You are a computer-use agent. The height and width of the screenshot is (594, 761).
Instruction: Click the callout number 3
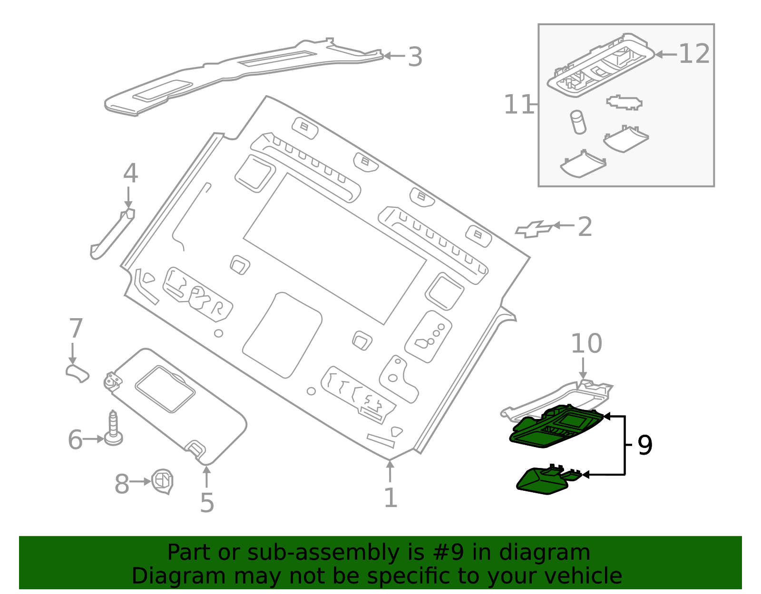pyautogui.click(x=415, y=57)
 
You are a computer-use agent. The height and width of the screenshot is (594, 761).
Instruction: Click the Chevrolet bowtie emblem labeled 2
pyautogui.click(x=534, y=229)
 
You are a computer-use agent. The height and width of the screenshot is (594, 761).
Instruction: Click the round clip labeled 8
pyautogui.click(x=162, y=481)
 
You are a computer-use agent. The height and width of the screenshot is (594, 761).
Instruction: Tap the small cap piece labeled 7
pyautogui.click(x=77, y=372)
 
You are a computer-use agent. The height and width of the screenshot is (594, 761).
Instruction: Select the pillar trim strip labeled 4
pyautogui.click(x=112, y=234)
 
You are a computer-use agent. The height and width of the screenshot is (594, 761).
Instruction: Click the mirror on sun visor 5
pyautogui.click(x=165, y=389)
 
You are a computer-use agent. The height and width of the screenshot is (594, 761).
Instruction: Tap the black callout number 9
pyautogui.click(x=644, y=445)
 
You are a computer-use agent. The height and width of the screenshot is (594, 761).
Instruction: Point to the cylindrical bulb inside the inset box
pyautogui.click(x=578, y=122)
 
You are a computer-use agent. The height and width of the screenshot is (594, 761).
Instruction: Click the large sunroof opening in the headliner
pyautogui.click(x=334, y=249)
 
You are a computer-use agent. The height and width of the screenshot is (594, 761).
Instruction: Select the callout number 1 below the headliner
pyautogui.click(x=390, y=497)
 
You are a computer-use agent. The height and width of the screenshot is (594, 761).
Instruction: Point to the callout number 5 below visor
pyautogui.click(x=207, y=502)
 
